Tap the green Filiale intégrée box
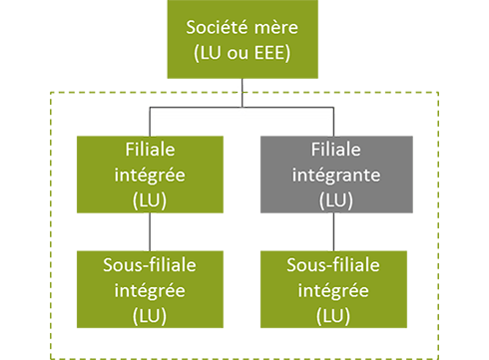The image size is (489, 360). coord(153,174)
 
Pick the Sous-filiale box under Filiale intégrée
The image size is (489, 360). coord(153,289)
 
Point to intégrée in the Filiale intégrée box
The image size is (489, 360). coord(153,175)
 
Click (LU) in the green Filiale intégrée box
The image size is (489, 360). coord(153,198)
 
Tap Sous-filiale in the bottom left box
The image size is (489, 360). coord(153,265)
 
